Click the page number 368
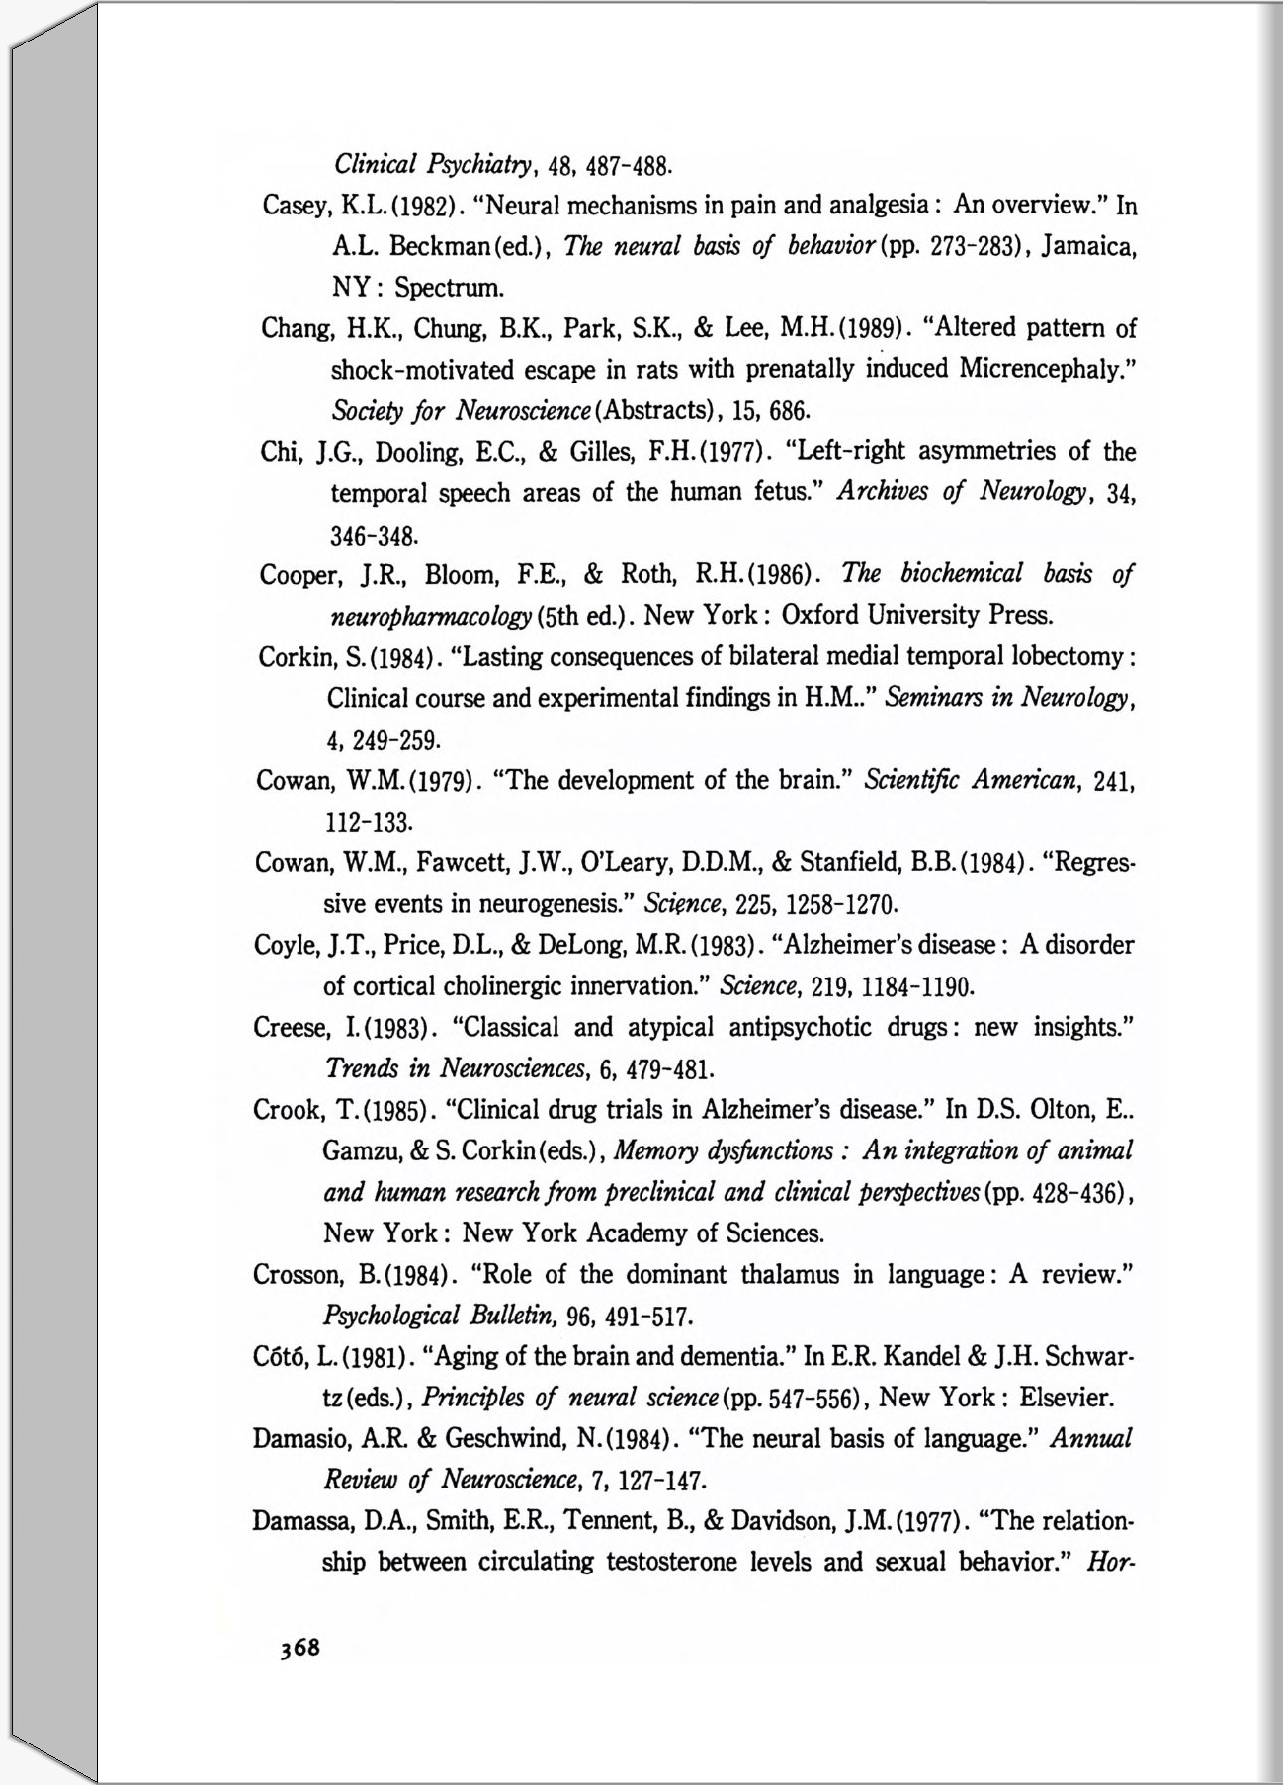299,1648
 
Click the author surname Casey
296,207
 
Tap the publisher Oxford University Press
916,616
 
